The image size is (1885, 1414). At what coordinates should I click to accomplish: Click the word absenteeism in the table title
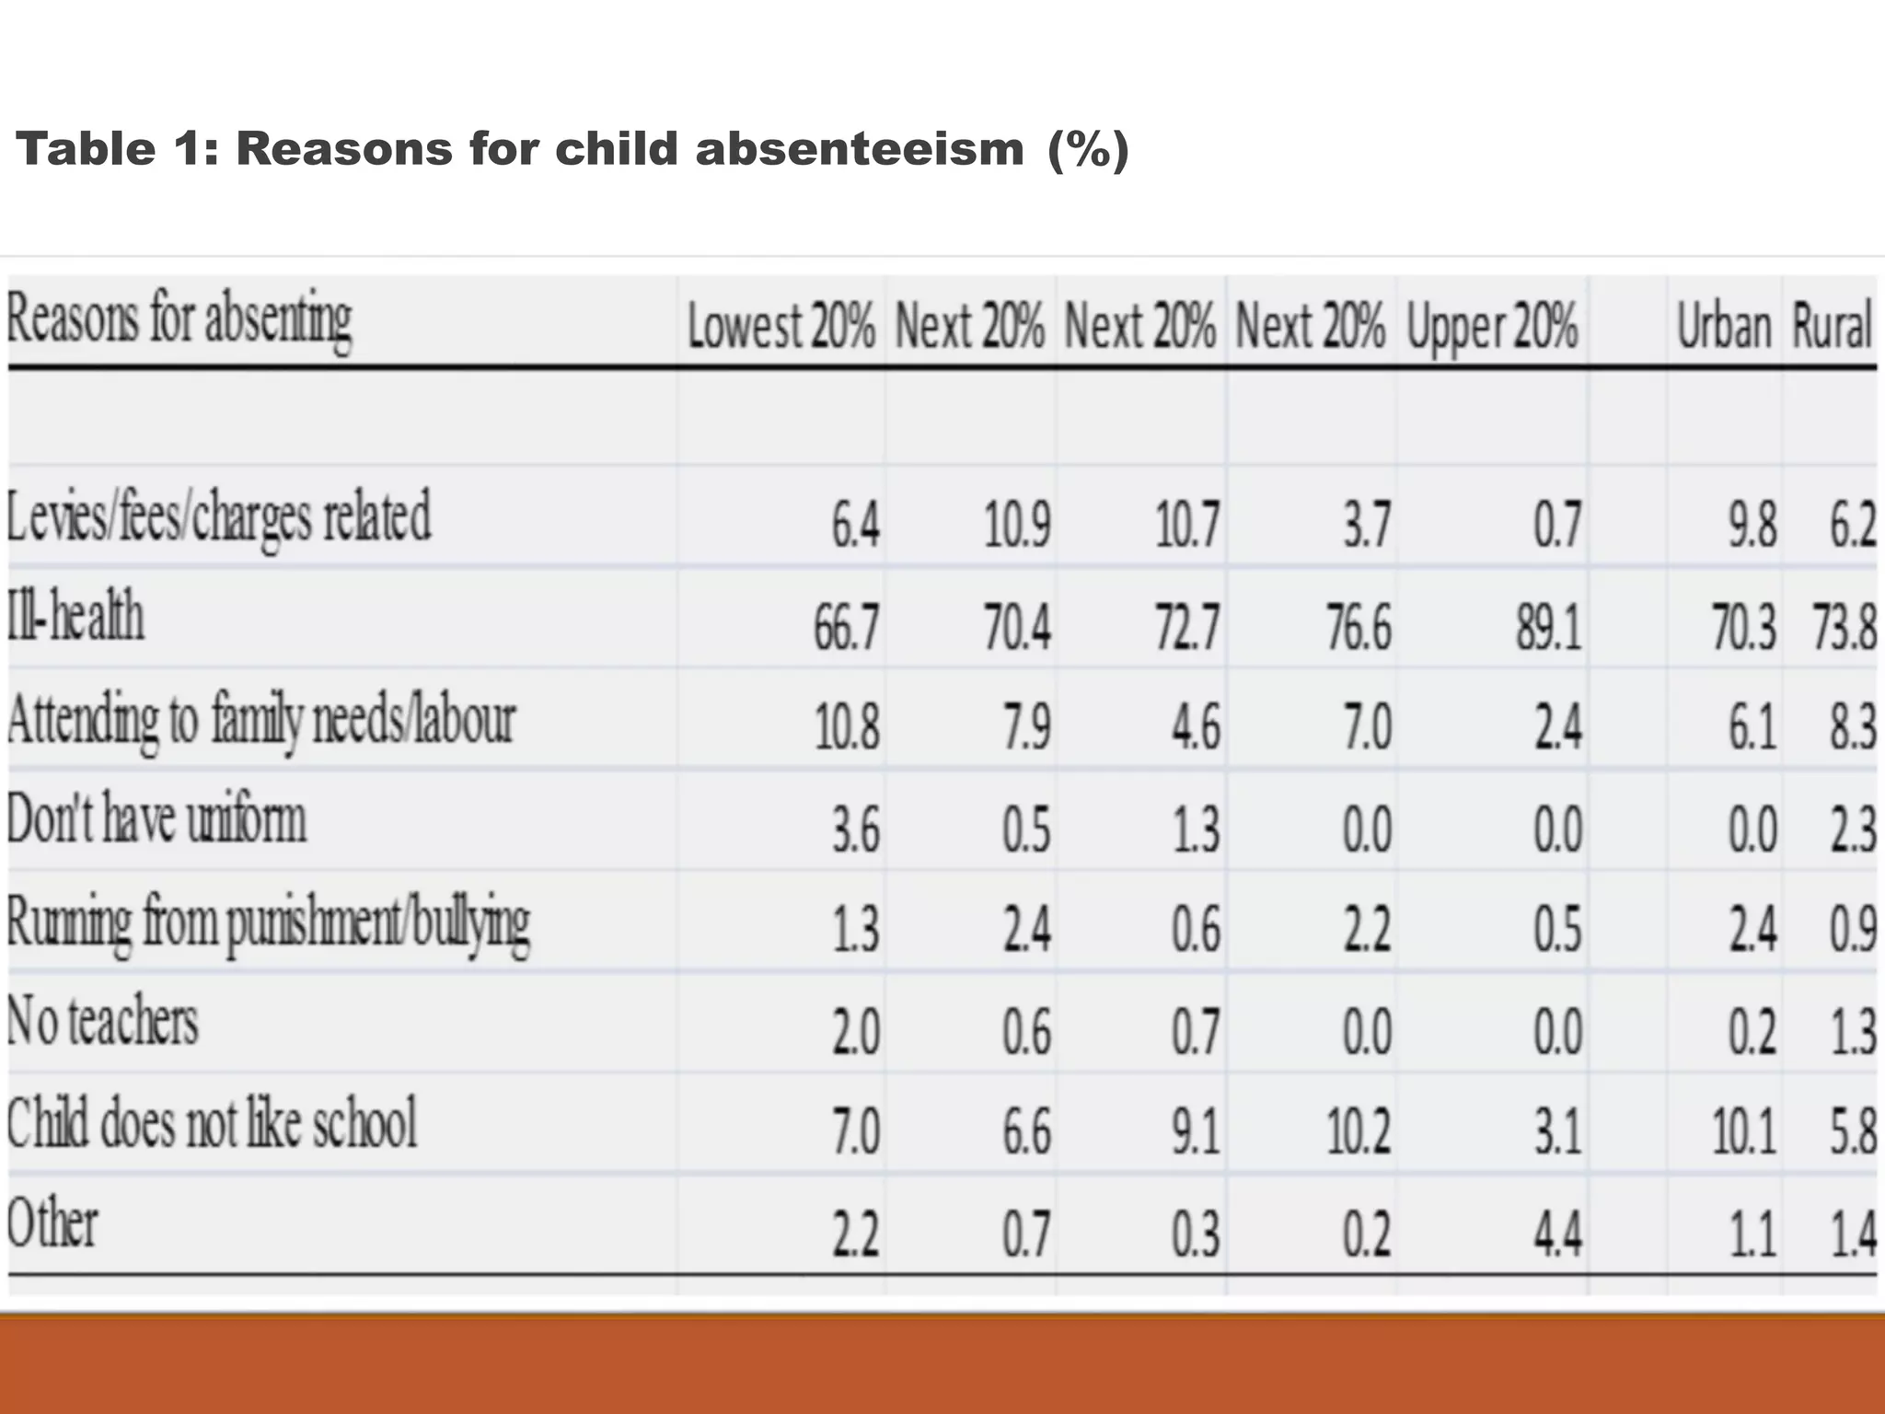860,150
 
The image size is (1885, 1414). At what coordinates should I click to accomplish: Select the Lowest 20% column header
781,327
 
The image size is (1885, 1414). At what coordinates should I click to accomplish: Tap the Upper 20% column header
1492,327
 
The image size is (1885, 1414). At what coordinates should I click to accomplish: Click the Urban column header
1723,327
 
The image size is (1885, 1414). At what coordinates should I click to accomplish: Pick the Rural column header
1831,327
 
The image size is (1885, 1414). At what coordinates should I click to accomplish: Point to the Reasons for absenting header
179,320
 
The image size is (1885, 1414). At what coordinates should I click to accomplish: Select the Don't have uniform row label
156,818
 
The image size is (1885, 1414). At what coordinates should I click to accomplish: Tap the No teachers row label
102,1022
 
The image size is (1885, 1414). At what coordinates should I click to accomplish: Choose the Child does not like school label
212,1123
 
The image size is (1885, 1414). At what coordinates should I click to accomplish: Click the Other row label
52,1224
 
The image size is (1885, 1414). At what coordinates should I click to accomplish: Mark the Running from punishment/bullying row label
268,922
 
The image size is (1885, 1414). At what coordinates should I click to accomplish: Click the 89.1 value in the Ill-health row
1548,630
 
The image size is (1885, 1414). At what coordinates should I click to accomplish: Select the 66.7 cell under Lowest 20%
846,630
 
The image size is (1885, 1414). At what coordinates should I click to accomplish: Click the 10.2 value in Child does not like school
1358,1132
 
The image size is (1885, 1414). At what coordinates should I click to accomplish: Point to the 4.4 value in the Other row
1557,1234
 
